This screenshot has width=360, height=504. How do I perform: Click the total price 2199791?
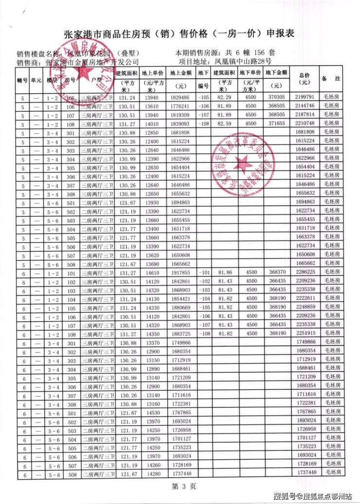click(x=305, y=98)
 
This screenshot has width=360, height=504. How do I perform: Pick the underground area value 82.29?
click(x=224, y=98)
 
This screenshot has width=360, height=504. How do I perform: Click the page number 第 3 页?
click(x=180, y=486)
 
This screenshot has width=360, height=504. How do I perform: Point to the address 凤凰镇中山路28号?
click(x=243, y=62)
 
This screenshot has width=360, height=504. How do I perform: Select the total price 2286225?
click(x=305, y=273)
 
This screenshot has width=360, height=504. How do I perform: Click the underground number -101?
click(x=203, y=273)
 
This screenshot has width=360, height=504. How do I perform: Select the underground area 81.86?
click(x=224, y=273)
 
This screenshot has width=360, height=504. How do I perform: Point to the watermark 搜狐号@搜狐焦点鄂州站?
click(x=312, y=496)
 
